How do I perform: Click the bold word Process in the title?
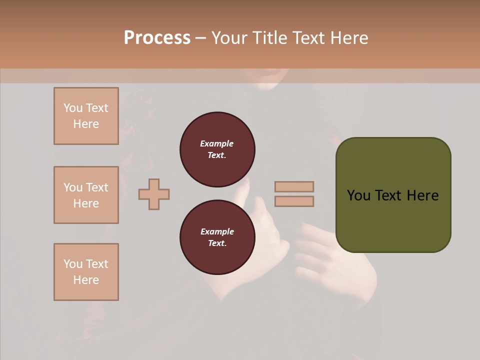point(157,38)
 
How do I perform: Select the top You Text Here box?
point(86,116)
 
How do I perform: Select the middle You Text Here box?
point(86,195)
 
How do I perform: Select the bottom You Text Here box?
point(86,272)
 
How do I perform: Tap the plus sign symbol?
point(154,194)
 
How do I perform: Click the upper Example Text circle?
point(217,149)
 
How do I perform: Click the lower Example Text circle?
point(217,237)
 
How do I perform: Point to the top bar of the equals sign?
point(294,186)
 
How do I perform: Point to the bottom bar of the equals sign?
point(294,201)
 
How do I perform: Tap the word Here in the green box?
point(422,195)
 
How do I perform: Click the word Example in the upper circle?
point(217,143)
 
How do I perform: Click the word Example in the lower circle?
point(217,231)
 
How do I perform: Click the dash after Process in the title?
point(200,38)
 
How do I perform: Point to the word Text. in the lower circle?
point(217,243)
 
